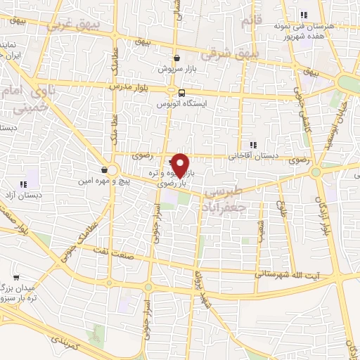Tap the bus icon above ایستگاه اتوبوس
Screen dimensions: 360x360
pyautogui.click(x=182, y=93)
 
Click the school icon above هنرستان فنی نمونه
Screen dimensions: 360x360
pyautogui.click(x=304, y=14)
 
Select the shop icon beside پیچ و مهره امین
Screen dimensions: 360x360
pyautogui.click(x=104, y=169)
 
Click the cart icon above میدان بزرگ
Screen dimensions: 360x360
pyautogui.click(x=15, y=278)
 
